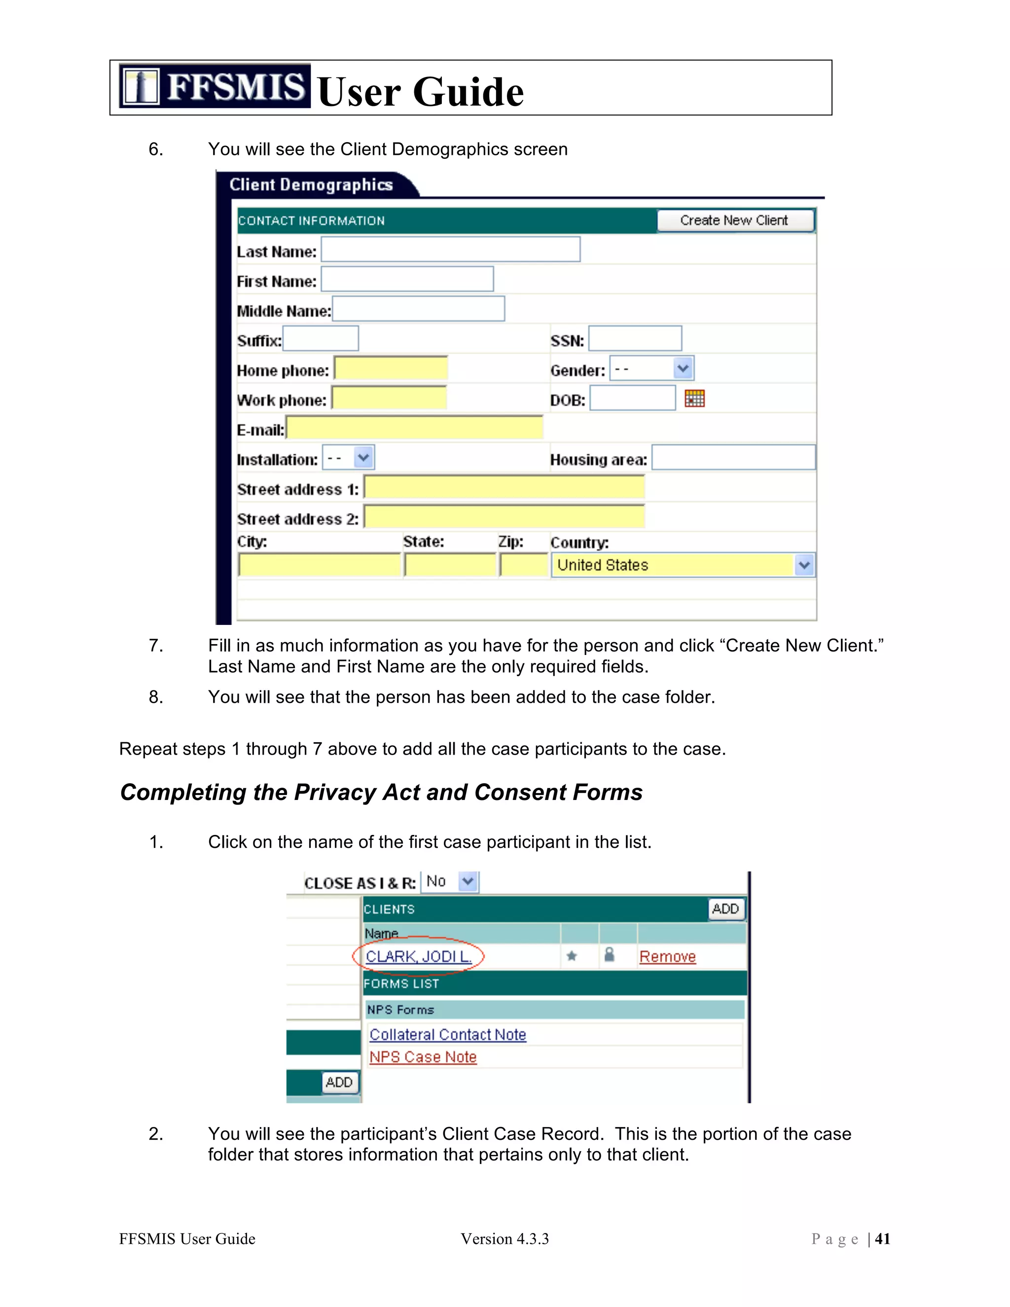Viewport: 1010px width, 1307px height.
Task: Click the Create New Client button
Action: click(735, 220)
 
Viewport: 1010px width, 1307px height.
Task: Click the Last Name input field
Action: click(450, 250)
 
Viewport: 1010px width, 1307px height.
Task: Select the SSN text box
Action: click(635, 339)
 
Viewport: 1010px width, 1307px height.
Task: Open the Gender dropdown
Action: click(651, 368)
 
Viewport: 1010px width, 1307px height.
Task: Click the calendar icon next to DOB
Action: click(694, 399)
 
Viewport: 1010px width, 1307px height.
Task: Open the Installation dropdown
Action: click(348, 458)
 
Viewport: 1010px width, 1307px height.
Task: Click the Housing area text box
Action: click(733, 458)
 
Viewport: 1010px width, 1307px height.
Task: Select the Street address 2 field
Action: click(504, 517)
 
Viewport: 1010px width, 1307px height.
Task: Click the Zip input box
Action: click(524, 565)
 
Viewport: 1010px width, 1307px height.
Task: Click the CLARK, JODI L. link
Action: click(418, 956)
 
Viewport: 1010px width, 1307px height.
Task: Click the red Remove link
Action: click(667, 956)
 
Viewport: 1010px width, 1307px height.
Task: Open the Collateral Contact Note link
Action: click(448, 1035)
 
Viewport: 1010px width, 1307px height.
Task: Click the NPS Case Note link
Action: click(423, 1057)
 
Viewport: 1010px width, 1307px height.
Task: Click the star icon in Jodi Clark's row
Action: click(572, 956)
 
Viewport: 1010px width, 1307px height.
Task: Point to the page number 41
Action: click(882, 1239)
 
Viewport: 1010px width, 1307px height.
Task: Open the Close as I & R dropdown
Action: click(450, 881)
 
